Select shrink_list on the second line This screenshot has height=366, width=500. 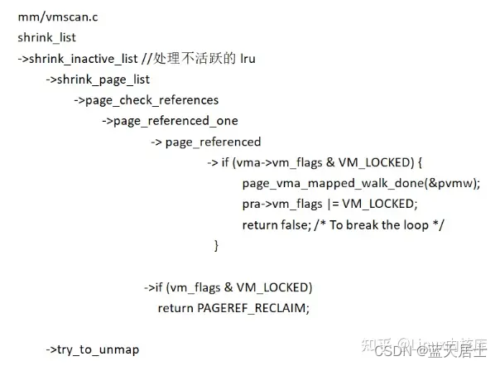(48, 37)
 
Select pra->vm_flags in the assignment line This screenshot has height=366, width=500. (280, 204)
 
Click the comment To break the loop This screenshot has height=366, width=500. (389, 225)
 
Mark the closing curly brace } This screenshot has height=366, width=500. (217, 246)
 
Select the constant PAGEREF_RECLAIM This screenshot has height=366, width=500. (252, 308)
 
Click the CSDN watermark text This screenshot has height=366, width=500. (390, 351)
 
